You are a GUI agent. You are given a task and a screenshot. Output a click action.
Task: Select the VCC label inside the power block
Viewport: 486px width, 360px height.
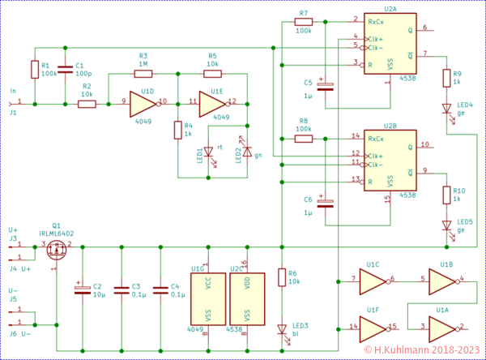[208, 284]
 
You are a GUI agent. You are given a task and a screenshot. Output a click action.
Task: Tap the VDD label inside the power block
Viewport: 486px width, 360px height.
[247, 284]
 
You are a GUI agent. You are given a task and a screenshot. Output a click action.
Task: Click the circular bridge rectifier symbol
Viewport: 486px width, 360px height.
[56, 248]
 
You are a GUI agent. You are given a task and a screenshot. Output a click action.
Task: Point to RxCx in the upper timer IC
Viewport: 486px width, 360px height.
[376, 22]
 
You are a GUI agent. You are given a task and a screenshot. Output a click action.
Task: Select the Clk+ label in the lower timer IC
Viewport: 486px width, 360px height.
[376, 155]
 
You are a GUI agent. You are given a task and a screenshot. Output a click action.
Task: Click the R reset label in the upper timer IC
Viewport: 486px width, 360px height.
[370, 64]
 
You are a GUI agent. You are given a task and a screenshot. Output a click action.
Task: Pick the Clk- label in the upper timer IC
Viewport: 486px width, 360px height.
[376, 48]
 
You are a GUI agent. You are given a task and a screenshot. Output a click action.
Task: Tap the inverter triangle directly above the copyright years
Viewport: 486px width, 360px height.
[441, 328]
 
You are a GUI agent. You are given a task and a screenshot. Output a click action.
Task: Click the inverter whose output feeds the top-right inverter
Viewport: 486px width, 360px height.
[372, 281]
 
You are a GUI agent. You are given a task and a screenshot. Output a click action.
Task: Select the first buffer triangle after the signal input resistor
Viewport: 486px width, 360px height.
[143, 104]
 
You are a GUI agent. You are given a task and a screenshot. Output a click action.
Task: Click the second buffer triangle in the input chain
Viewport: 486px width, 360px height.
[211, 104]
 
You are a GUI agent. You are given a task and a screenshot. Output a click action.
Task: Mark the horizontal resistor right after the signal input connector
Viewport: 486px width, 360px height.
[87, 104]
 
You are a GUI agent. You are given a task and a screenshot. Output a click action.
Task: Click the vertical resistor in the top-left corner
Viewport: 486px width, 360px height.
[35, 70]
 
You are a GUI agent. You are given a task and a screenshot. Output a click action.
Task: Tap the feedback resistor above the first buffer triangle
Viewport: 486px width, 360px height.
[143, 74]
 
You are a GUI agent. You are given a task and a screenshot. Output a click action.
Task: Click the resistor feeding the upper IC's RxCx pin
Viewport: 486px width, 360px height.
[304, 22]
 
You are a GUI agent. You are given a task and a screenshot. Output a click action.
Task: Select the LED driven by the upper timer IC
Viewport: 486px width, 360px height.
[446, 108]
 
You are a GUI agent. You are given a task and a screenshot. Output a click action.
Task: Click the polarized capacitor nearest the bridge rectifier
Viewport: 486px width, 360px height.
[82, 289]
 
